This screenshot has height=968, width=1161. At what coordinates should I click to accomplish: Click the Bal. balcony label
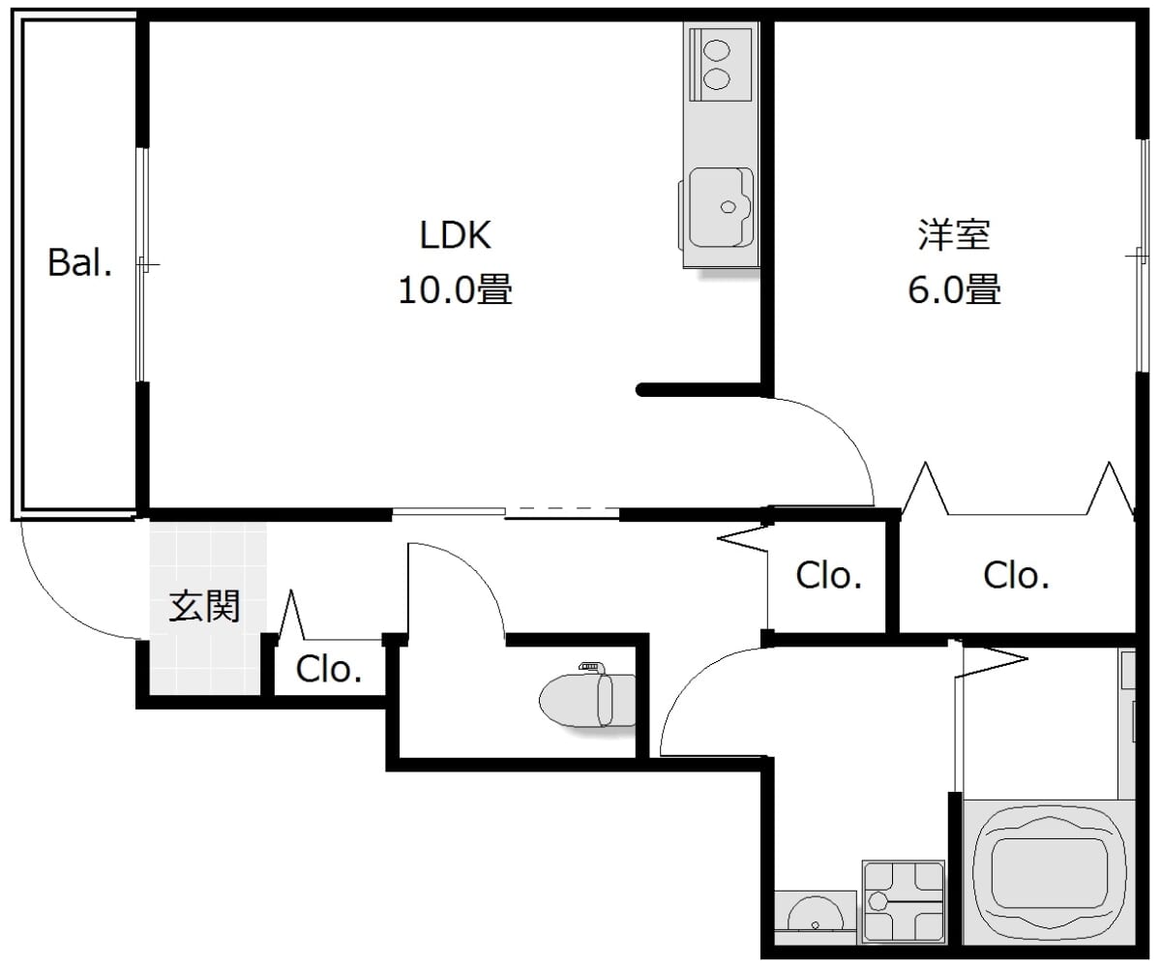click(x=80, y=262)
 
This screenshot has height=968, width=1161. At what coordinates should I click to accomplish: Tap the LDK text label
click(x=456, y=235)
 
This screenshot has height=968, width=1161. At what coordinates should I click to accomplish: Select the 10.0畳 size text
click(x=456, y=289)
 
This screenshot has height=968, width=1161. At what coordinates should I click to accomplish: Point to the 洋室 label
click(x=954, y=235)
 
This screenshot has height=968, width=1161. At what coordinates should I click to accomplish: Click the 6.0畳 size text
click(x=954, y=289)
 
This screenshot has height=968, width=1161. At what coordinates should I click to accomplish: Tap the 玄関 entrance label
click(x=204, y=606)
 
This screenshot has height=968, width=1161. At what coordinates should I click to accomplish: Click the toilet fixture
click(x=587, y=699)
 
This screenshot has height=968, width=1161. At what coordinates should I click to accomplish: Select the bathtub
click(x=1048, y=874)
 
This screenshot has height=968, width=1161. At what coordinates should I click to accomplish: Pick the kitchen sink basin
click(x=721, y=207)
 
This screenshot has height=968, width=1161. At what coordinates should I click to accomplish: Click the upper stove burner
click(x=717, y=50)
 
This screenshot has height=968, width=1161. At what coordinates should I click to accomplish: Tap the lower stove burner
click(x=717, y=78)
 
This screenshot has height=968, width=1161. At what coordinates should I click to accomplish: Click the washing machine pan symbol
click(x=903, y=901)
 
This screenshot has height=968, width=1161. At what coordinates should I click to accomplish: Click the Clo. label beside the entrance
click(x=329, y=669)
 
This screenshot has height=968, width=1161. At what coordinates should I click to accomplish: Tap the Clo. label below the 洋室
click(x=1016, y=575)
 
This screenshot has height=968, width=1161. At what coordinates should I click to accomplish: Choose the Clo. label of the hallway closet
click(x=828, y=575)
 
